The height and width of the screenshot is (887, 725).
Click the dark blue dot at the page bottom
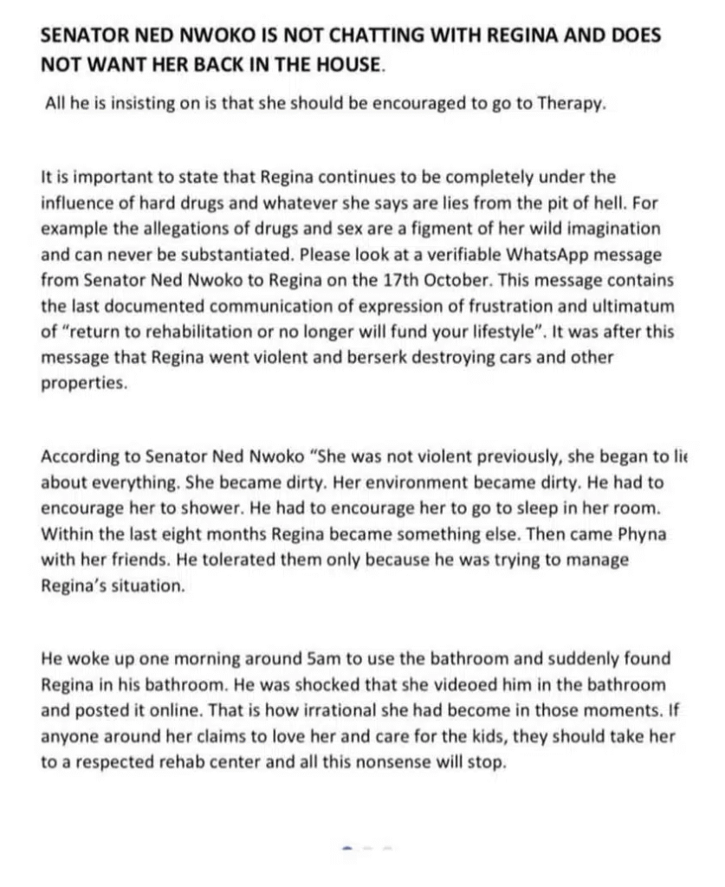(x=347, y=848)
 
